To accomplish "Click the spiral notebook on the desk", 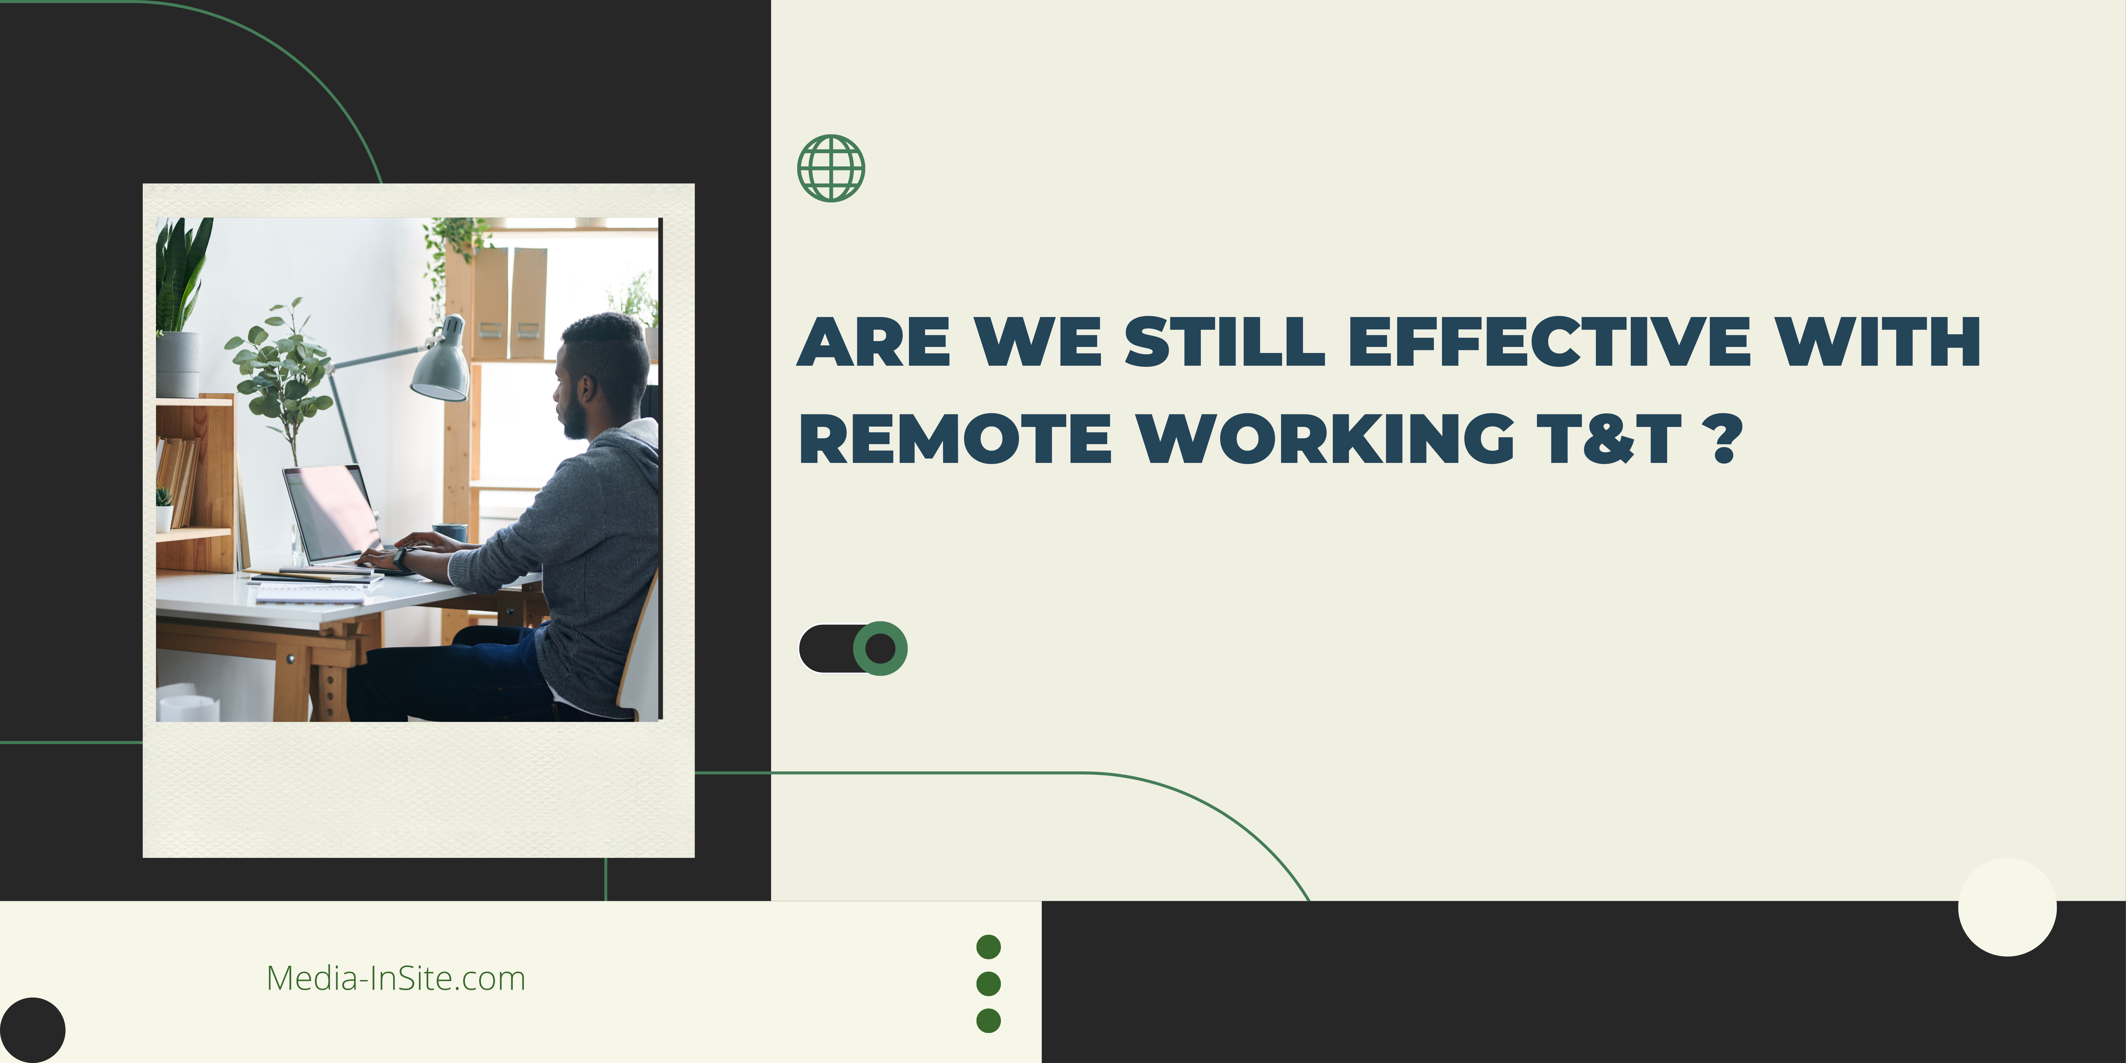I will point(309,593).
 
